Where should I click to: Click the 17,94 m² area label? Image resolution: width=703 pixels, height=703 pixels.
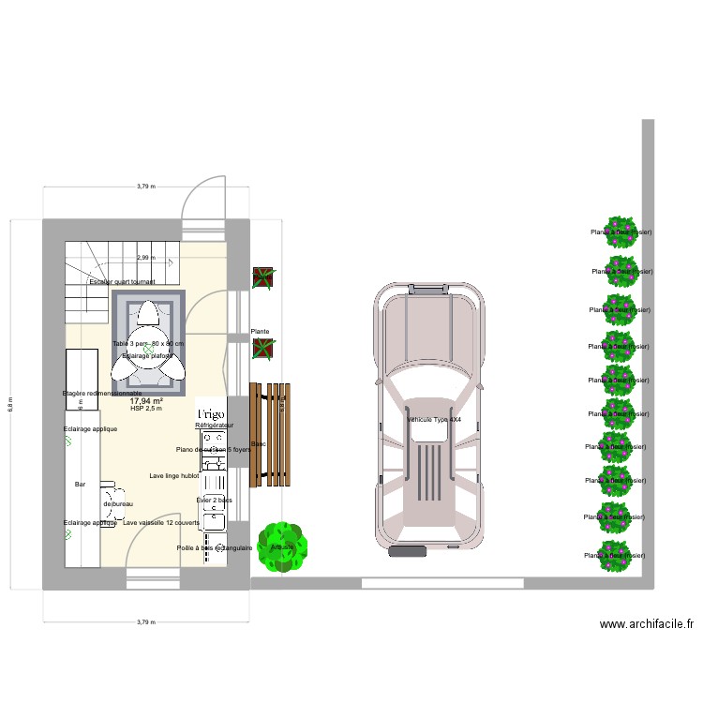pos(146,400)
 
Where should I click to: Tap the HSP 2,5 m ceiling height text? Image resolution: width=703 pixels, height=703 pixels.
pos(146,409)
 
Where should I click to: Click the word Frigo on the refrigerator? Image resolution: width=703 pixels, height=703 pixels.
pos(208,412)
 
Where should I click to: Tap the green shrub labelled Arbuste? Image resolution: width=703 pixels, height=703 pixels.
pos(280,546)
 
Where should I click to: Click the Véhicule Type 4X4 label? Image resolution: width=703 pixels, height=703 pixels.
pos(434,420)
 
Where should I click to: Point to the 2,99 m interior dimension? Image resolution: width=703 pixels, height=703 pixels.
pos(145,258)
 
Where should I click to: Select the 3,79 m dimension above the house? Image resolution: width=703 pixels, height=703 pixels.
pos(145,187)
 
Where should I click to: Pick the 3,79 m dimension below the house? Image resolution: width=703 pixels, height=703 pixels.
pos(145,621)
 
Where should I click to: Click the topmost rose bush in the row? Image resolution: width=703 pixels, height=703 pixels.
pos(620,232)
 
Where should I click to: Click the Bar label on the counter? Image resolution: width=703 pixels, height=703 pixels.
pos(80,485)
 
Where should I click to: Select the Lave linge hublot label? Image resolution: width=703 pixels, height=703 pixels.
pos(173,476)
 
